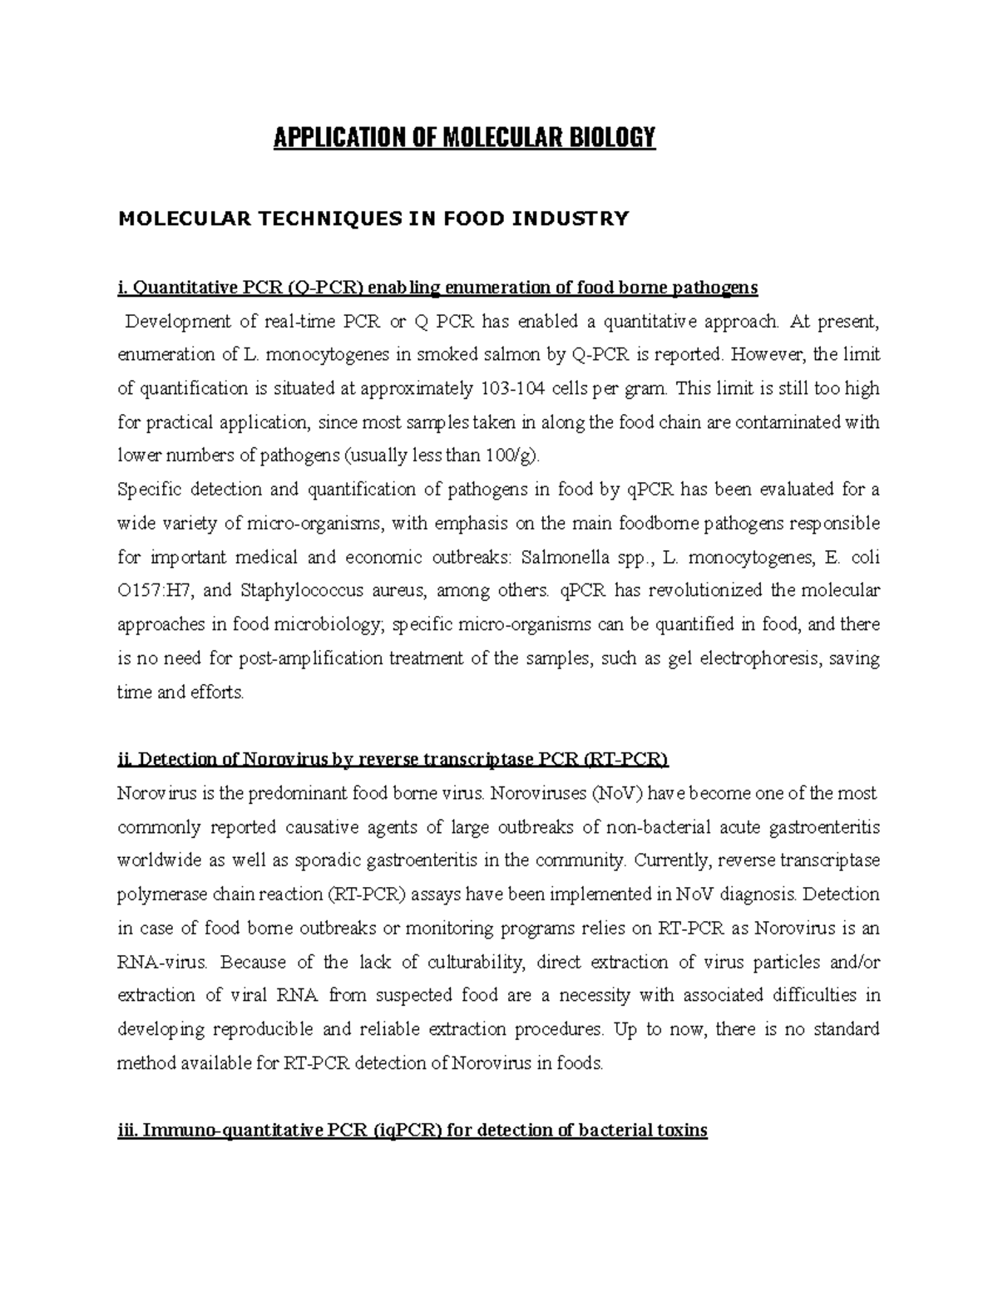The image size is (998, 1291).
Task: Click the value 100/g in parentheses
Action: point(516,456)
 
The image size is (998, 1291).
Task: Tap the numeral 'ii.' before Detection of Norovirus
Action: point(126,760)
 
